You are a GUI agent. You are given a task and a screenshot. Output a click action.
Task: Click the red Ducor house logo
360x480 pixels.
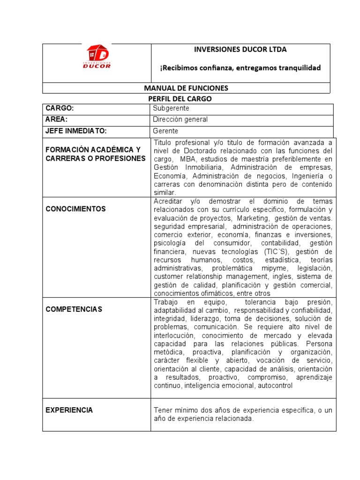(x=97, y=56)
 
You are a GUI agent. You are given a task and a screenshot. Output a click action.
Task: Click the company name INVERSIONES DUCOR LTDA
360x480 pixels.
(x=240, y=49)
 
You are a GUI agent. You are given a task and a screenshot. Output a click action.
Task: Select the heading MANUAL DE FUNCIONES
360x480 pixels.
(x=186, y=88)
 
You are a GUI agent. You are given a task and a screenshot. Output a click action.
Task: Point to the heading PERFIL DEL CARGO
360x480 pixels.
(x=186, y=98)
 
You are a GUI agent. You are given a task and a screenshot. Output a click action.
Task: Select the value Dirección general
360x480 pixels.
(x=180, y=120)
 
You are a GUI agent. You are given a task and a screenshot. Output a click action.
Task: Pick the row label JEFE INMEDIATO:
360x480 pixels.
(x=76, y=131)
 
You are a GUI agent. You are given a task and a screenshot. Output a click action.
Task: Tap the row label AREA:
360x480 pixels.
(x=57, y=120)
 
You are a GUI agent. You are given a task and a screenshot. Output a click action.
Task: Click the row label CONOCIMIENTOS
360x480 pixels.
(x=75, y=209)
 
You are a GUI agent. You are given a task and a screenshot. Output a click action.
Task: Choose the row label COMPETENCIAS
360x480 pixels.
(x=74, y=309)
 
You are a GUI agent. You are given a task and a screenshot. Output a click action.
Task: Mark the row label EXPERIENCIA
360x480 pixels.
(x=69, y=410)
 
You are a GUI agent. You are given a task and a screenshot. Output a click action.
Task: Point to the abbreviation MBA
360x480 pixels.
(x=187, y=159)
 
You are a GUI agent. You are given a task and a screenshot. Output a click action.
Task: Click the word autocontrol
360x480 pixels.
(x=275, y=386)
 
